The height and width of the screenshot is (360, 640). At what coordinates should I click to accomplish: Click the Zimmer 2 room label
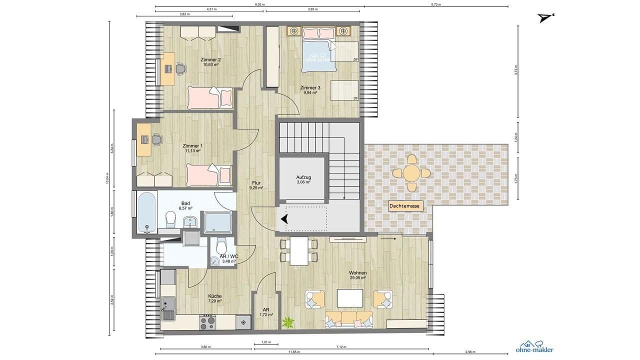(x=210, y=59)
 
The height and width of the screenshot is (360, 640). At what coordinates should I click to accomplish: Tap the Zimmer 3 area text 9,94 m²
(x=310, y=93)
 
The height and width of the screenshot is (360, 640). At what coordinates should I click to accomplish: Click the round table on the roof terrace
(x=411, y=173)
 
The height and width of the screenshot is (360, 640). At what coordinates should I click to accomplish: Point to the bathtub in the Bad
(x=147, y=212)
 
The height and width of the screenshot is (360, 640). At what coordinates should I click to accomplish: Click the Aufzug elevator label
(x=303, y=177)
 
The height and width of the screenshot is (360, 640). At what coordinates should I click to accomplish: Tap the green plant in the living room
(x=288, y=322)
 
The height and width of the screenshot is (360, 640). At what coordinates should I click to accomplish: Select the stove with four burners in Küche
(x=207, y=322)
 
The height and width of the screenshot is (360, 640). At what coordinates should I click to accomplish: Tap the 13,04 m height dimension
(x=107, y=178)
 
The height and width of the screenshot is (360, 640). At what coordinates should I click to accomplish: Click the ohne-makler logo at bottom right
(x=534, y=347)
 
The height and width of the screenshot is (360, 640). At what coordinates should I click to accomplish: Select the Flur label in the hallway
(x=256, y=183)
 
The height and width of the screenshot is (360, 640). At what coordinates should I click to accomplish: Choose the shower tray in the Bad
(x=217, y=222)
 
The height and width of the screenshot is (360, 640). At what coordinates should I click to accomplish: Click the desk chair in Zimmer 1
(x=157, y=139)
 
